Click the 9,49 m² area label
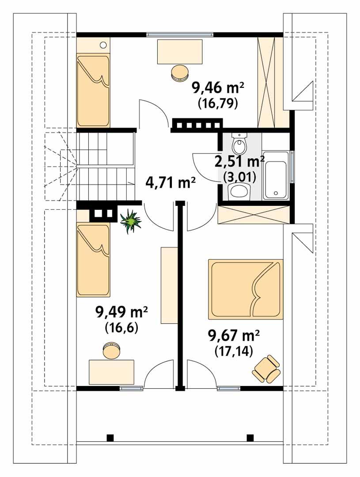point(121,313)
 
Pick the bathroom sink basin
point(239,191)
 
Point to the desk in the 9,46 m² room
point(180,51)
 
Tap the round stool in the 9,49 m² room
point(111,350)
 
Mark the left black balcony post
point(110,438)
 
